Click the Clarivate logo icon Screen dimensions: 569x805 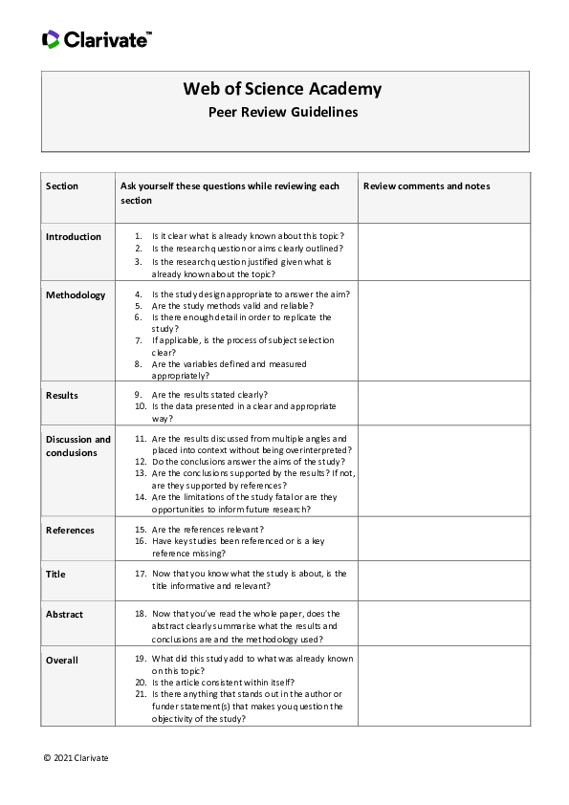point(51,39)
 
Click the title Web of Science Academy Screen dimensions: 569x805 point(282,89)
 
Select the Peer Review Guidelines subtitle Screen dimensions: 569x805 point(283,112)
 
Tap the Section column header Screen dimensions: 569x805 point(62,185)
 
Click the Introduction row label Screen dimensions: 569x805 point(74,237)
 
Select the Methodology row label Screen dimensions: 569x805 point(76,294)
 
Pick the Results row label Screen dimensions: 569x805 point(62,395)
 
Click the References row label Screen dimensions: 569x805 point(70,529)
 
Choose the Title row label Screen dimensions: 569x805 point(55,575)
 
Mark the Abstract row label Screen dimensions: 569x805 point(64,615)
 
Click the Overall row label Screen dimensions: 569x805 point(62,660)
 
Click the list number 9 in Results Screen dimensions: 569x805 point(139,395)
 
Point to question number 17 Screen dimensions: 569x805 point(140,574)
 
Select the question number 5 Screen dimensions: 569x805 point(139,306)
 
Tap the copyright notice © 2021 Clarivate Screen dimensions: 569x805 point(76,757)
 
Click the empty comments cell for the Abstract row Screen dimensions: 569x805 point(443,625)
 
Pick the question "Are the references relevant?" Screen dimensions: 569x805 point(208,529)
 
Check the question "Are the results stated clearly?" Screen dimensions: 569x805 point(209,395)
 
